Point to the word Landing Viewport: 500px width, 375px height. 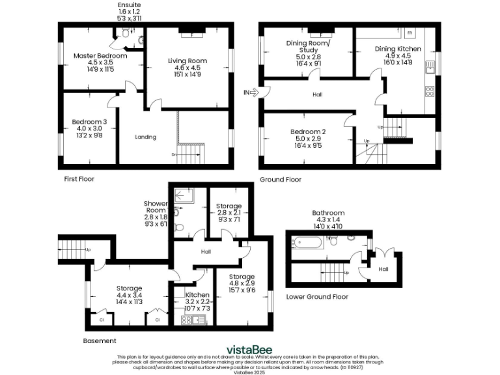click(145, 137)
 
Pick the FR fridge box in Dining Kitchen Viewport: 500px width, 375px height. click(410, 33)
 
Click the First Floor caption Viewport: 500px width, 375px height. click(79, 178)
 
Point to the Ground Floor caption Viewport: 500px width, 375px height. click(281, 179)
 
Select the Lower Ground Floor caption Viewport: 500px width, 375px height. click(317, 297)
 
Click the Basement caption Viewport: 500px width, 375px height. click(100, 340)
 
